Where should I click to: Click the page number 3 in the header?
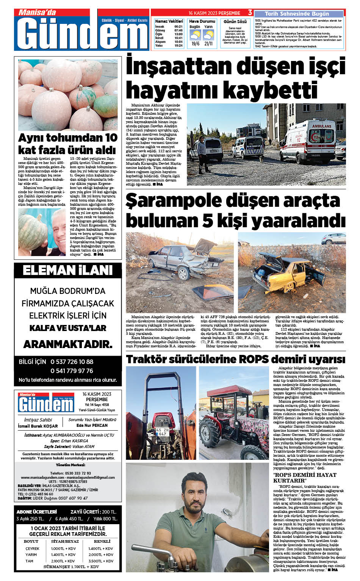pyautogui.click(x=250, y=13)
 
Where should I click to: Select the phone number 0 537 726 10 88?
pyautogui.click(x=72, y=362)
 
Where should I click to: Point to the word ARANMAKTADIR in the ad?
pyautogui.click(x=68, y=344)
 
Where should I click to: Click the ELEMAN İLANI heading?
pyautogui.click(x=68, y=270)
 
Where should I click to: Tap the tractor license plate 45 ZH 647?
pyautogui.click(x=162, y=432)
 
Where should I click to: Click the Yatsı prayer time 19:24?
pyautogui.click(x=178, y=45)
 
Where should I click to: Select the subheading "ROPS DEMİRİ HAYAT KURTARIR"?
pyautogui.click(x=304, y=478)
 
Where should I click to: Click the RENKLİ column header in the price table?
pyautogui.click(x=102, y=542)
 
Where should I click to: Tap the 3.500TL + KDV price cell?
pyautogui.click(x=101, y=561)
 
